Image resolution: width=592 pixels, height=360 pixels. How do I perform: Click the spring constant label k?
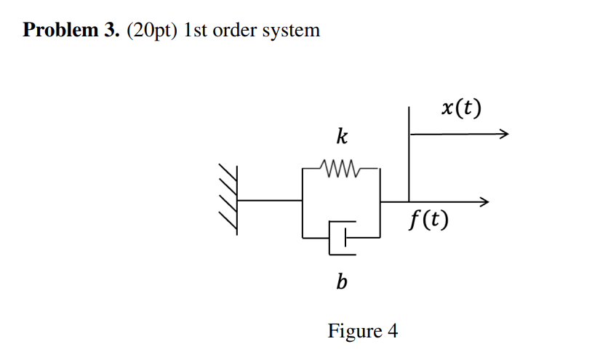click(x=341, y=136)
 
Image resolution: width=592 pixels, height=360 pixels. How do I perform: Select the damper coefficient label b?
click(x=341, y=281)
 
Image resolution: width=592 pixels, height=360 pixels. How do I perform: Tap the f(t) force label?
click(x=428, y=218)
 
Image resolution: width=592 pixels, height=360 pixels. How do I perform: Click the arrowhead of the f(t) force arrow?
click(x=484, y=201)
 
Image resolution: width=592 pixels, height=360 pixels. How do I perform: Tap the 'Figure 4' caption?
click(x=363, y=331)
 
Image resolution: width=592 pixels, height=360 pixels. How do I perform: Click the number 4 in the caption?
click(x=393, y=331)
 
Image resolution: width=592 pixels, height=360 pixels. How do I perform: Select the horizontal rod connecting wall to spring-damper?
click(x=269, y=201)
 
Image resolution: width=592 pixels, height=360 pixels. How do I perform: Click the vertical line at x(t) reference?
click(x=409, y=153)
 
